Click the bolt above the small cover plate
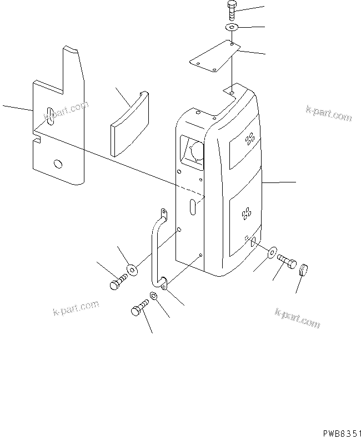(x=232, y=12)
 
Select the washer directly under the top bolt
(x=232, y=27)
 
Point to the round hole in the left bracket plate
(x=57, y=164)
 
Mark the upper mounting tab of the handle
(x=163, y=214)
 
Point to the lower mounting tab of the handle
(x=163, y=284)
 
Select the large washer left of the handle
(x=132, y=270)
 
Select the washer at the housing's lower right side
(x=272, y=253)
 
